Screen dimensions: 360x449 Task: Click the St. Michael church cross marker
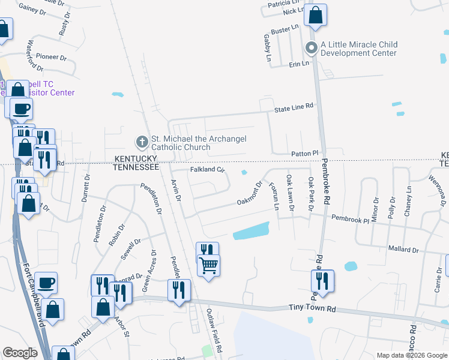point(142,142)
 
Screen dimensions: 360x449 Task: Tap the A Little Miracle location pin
point(311,48)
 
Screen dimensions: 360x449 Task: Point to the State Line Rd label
point(294,106)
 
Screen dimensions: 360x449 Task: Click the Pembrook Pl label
point(350,220)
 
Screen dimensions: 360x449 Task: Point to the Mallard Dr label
point(403,248)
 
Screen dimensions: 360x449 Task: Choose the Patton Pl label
point(304,154)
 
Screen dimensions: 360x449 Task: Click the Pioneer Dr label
point(51,57)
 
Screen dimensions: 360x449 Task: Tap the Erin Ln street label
point(299,63)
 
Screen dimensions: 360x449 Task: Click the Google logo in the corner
point(20,353)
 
